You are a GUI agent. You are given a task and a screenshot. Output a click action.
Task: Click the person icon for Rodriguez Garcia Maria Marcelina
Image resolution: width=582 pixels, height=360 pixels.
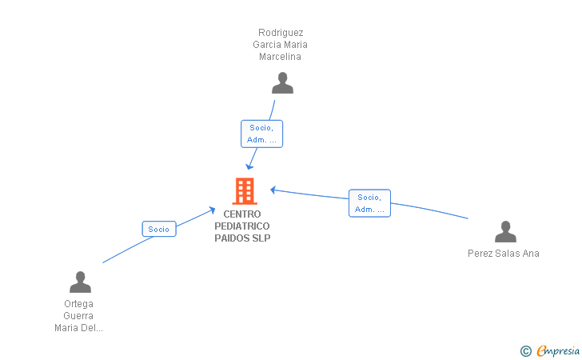(282, 83)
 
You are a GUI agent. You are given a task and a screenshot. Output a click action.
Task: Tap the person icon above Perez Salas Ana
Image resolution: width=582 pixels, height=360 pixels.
(505, 231)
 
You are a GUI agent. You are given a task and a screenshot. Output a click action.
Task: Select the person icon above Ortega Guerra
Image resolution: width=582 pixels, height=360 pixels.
(80, 282)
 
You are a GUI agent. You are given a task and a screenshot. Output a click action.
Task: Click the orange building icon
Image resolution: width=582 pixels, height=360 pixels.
(245, 191)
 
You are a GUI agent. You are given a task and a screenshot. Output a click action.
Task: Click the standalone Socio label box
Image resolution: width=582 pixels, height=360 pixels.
(159, 230)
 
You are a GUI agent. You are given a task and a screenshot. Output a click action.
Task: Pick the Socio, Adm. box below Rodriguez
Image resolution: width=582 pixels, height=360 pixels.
(261, 134)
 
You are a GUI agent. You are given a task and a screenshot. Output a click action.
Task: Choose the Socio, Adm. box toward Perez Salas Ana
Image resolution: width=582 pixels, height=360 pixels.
(369, 203)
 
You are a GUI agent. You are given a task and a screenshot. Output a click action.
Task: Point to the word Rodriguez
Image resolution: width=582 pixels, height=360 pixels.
(281, 33)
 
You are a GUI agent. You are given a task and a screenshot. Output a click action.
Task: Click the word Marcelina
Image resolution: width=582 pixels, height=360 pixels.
(280, 57)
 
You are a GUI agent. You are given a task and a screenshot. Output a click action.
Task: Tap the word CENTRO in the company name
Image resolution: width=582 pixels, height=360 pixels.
(242, 214)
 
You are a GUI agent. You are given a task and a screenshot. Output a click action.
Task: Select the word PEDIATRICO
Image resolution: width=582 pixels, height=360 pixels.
(242, 226)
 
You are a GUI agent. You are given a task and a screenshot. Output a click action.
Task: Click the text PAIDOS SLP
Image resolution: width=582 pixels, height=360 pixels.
(242, 238)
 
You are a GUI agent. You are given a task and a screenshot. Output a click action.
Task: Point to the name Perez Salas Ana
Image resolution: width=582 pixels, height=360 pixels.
(504, 254)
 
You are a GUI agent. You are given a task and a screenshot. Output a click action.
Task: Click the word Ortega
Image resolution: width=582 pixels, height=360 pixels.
(78, 304)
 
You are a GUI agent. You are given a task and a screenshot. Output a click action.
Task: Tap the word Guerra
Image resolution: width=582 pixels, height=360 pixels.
(78, 316)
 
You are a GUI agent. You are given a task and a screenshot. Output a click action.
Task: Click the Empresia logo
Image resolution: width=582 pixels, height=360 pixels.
(558, 351)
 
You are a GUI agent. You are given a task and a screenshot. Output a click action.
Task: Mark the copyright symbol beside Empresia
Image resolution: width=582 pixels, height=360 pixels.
(525, 351)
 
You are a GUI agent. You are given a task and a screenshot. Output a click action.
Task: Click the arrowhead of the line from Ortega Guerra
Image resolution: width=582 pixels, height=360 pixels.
(213, 210)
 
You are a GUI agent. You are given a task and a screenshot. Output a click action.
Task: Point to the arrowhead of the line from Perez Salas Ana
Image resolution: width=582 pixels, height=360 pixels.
(273, 190)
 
